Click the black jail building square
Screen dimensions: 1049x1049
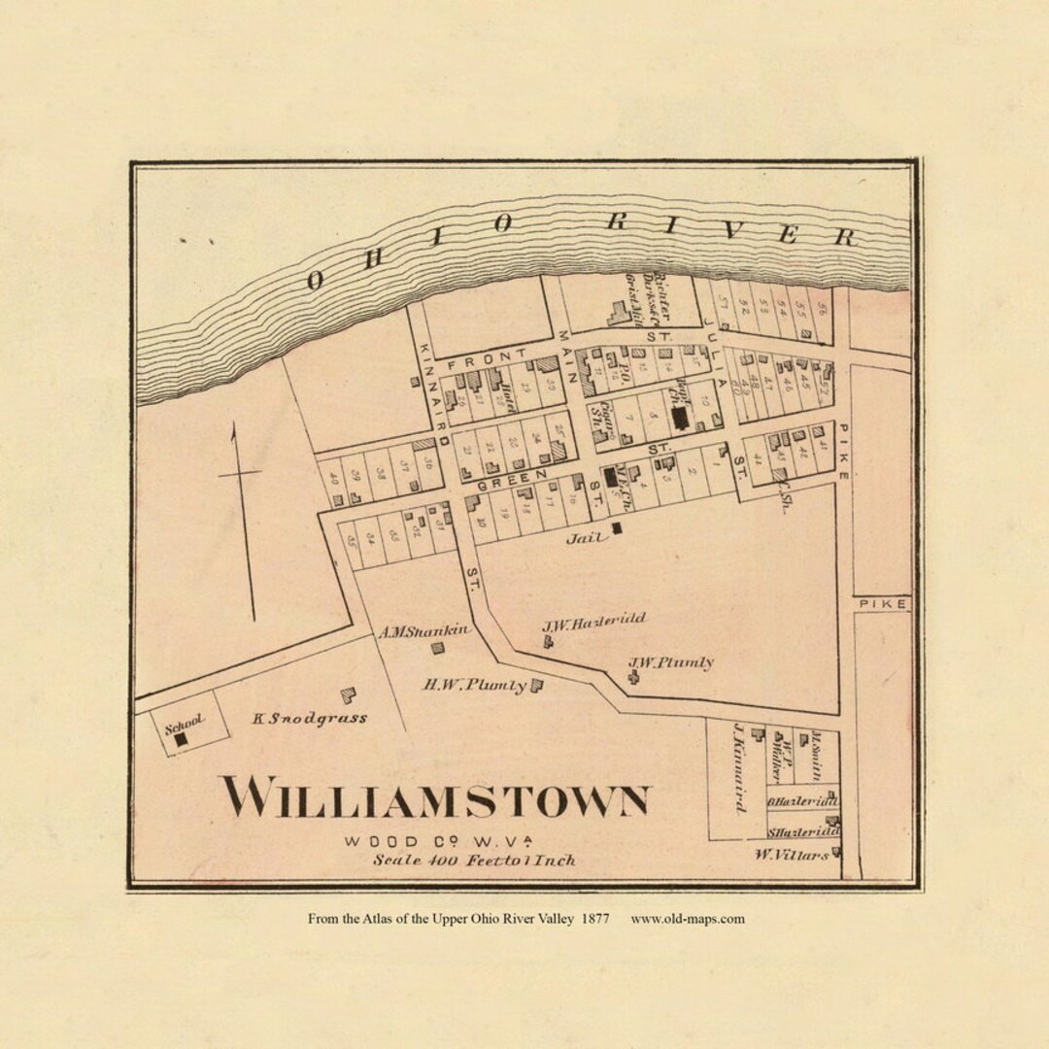tap(617, 527)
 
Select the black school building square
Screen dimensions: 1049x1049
tap(181, 739)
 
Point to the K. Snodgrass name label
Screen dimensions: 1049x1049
tap(310, 719)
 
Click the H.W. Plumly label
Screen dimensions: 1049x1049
tap(474, 685)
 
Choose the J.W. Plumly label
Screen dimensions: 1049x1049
tap(670, 662)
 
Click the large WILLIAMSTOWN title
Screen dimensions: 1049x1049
tap(435, 798)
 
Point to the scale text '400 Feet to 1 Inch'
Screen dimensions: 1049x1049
tap(474, 860)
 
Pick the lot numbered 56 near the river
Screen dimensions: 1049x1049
tap(822, 313)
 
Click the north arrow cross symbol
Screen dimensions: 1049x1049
tap(239, 474)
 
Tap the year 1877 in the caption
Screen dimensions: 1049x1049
tap(596, 919)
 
